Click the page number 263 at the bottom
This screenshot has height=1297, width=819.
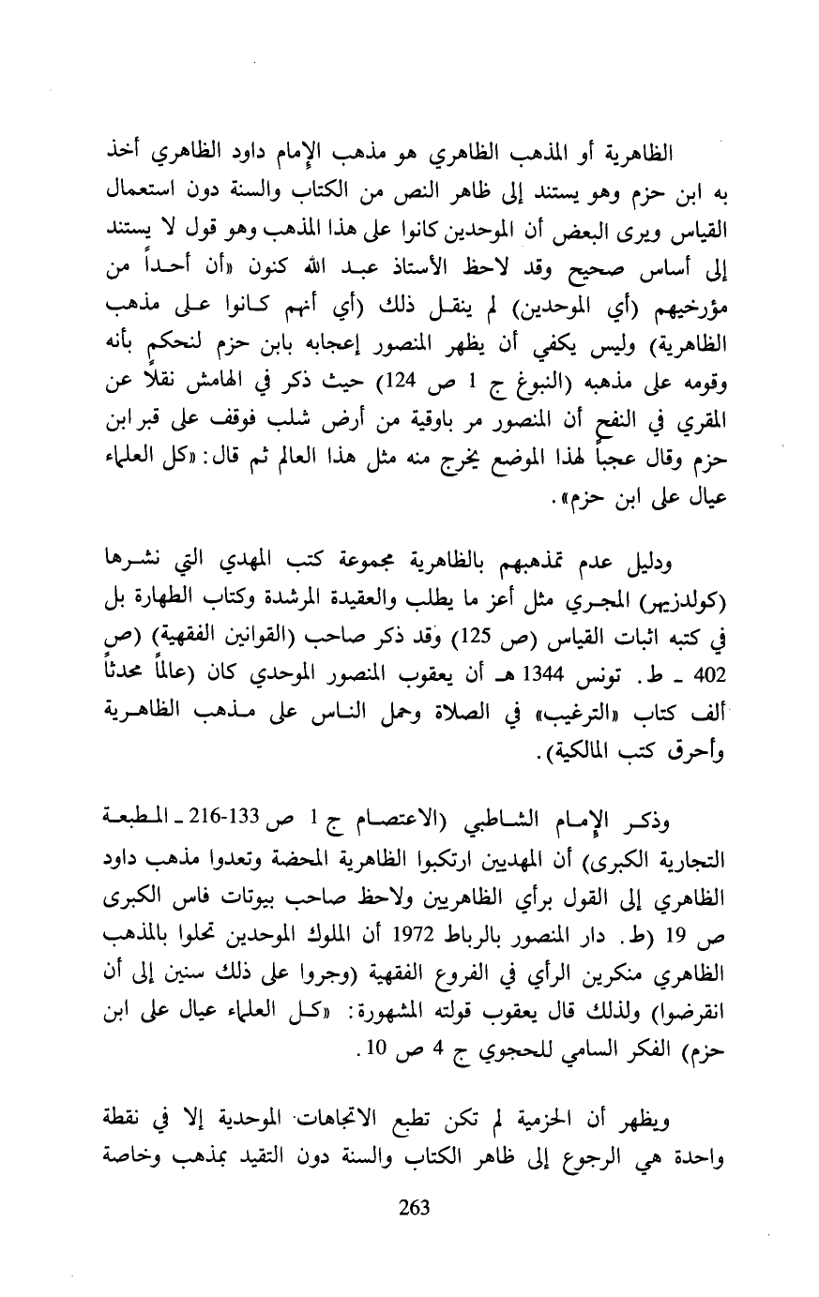(x=414, y=1207)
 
